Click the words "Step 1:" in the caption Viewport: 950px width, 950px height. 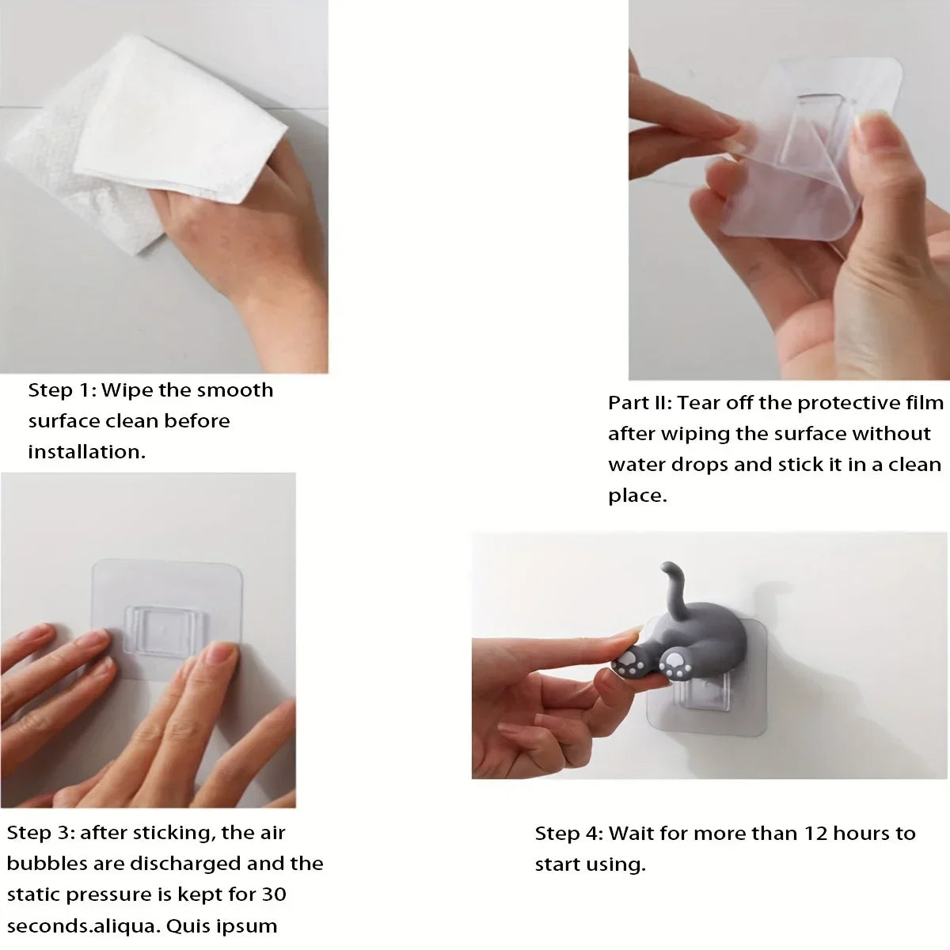point(62,390)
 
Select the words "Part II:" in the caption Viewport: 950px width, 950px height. point(640,403)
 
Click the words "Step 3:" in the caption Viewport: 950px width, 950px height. point(40,833)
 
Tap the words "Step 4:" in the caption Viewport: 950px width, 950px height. point(569,834)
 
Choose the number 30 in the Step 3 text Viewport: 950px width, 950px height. point(274,895)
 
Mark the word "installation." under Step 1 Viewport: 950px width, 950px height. point(87,451)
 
